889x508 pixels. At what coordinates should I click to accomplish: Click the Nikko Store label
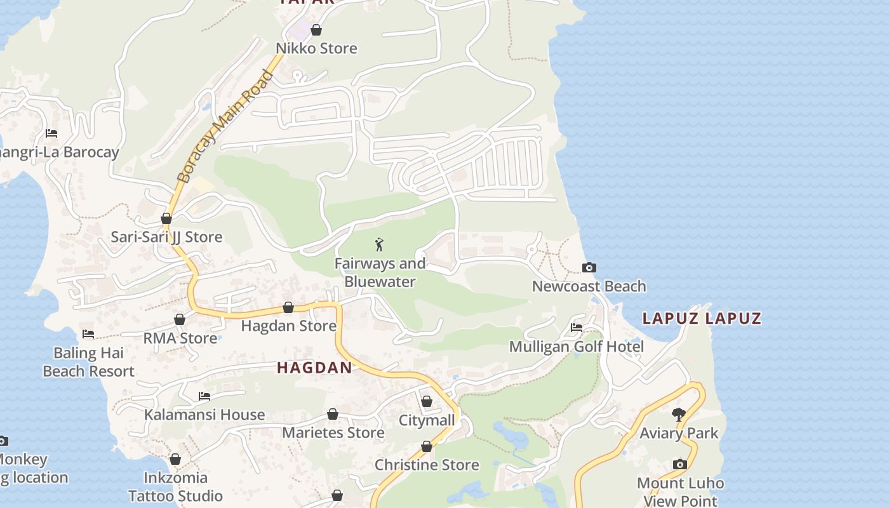[x=316, y=48]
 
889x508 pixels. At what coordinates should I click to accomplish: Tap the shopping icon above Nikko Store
[x=316, y=30]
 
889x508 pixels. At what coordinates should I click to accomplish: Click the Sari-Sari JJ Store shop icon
[x=166, y=219]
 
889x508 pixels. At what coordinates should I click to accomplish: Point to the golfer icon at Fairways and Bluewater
[x=380, y=244]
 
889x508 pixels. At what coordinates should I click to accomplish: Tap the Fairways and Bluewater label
[x=380, y=272]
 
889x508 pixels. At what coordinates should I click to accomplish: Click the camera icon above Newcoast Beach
[x=589, y=268]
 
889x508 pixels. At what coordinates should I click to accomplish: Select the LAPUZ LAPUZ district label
[x=702, y=318]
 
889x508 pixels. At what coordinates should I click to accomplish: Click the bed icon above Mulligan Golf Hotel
[x=577, y=328]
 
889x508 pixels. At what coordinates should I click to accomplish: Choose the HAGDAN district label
[x=314, y=368]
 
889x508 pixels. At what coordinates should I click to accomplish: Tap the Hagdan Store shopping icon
[x=288, y=308]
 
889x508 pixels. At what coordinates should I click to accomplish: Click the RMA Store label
[x=180, y=338]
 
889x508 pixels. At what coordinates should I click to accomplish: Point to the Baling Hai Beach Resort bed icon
[x=88, y=334]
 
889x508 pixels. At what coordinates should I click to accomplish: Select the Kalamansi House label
[x=204, y=415]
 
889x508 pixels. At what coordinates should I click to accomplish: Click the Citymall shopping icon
[x=427, y=402]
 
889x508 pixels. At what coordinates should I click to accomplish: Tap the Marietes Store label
[x=333, y=433]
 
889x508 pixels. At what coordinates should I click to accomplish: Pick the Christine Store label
[x=427, y=465]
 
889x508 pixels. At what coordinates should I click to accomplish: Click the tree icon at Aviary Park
[x=679, y=415]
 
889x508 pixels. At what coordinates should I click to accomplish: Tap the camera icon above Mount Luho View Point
[x=680, y=465]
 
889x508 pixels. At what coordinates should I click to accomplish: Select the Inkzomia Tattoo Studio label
[x=175, y=486]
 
